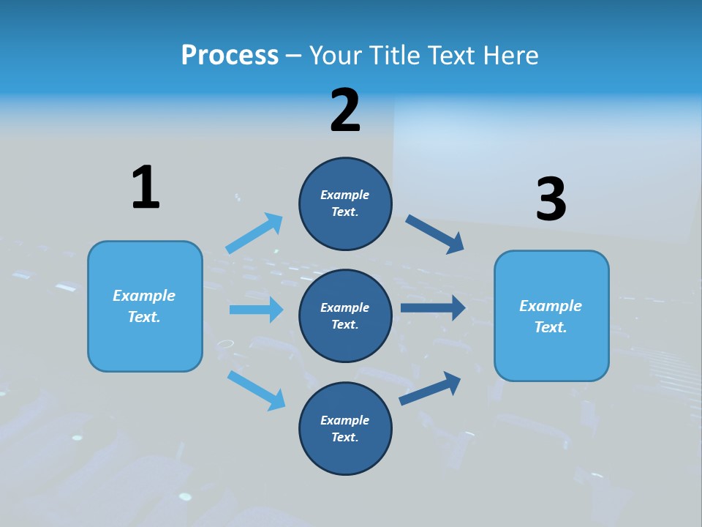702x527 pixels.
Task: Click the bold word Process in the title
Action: coord(230,55)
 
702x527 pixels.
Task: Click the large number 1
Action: coord(146,187)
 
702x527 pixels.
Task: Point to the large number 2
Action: coord(345,111)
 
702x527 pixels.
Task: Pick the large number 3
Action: coord(551,199)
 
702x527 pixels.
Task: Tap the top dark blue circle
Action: coord(345,203)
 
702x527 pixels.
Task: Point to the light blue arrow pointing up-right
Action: coord(254,233)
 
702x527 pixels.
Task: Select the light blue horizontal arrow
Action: coord(256,310)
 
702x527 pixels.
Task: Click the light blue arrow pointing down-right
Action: coord(256,390)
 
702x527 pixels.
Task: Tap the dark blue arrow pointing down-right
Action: coord(435,234)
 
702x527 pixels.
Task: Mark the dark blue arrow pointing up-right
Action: coord(430,388)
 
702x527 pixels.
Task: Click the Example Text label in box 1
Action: coord(144,306)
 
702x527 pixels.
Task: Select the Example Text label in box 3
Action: coord(551,316)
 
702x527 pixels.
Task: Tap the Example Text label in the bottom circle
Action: coord(344,428)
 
